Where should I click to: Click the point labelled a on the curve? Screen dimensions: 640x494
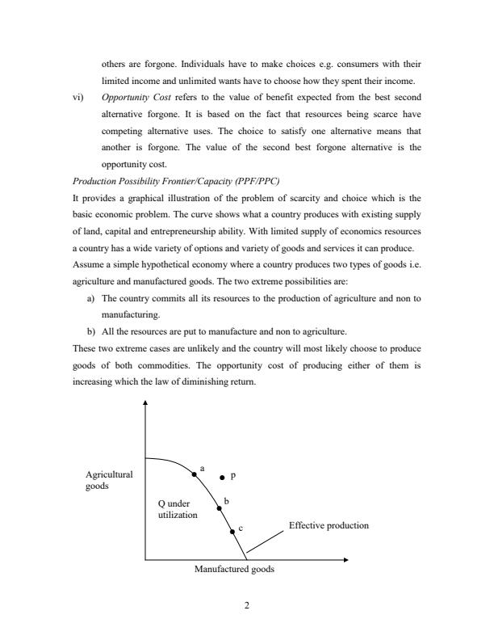tap(194, 475)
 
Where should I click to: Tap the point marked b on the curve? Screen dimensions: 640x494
tap(219, 508)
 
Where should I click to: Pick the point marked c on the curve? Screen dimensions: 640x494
tap(232, 531)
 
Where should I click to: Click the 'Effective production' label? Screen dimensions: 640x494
tap(329, 525)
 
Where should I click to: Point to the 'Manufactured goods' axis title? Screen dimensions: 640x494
tap(234, 569)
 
